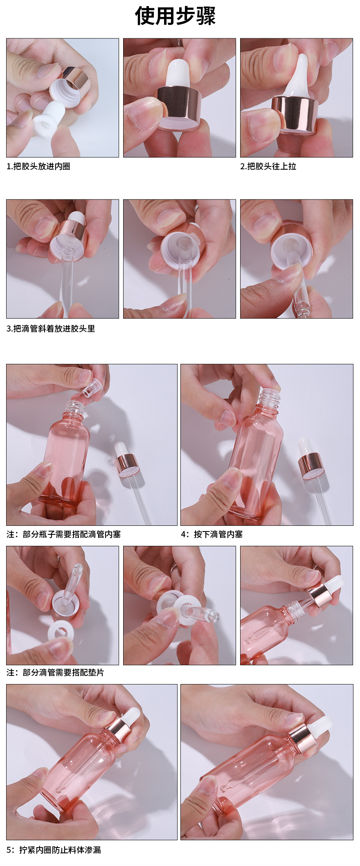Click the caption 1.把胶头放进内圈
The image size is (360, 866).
click(x=38, y=166)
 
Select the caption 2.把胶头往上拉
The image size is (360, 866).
click(x=268, y=166)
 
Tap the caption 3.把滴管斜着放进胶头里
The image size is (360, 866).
click(x=51, y=329)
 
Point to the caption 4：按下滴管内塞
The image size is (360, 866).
click(x=212, y=534)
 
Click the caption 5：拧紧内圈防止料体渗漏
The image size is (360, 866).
click(x=54, y=850)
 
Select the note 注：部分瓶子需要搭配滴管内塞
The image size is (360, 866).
click(x=64, y=534)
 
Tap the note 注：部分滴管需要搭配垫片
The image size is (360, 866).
click(x=56, y=673)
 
